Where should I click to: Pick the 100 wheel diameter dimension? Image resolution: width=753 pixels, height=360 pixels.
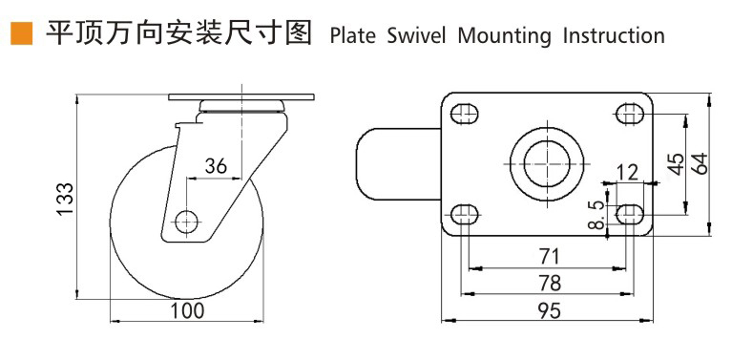click(187, 311)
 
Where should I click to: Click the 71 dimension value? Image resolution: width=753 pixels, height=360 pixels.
click(549, 256)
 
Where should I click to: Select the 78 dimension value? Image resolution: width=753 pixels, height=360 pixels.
click(549, 283)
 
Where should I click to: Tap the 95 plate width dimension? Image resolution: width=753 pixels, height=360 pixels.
click(549, 309)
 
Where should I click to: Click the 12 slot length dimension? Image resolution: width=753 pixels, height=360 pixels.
click(627, 172)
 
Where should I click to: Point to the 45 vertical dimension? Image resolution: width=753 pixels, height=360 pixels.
click(675, 163)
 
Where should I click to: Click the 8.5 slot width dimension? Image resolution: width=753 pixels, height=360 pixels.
click(596, 215)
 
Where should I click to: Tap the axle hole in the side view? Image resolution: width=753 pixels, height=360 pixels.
click(186, 221)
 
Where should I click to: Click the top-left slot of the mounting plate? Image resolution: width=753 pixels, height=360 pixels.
click(465, 115)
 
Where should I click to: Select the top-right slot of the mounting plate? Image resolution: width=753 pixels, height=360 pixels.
click(630, 115)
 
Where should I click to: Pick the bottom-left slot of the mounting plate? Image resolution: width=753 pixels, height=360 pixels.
click(465, 213)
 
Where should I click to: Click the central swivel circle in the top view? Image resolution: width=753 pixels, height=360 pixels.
click(548, 164)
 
